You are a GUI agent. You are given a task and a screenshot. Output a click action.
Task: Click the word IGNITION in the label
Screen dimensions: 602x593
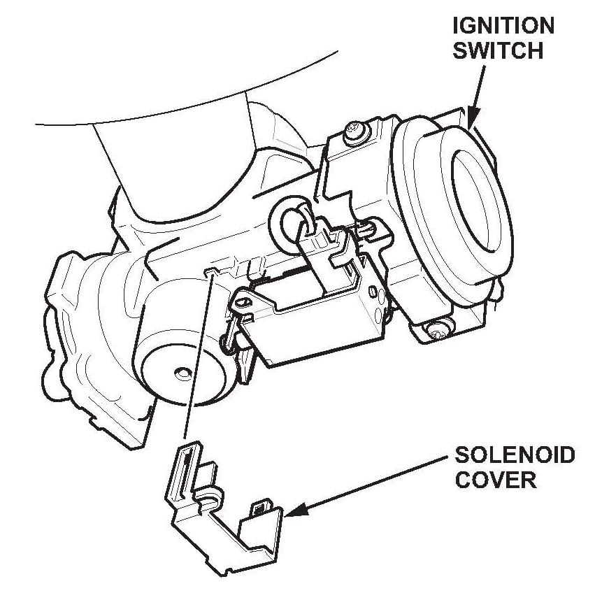point(503,26)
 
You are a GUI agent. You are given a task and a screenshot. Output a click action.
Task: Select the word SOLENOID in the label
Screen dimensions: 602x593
point(515,456)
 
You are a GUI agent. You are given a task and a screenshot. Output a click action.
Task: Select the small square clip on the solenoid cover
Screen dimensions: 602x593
point(263,506)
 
